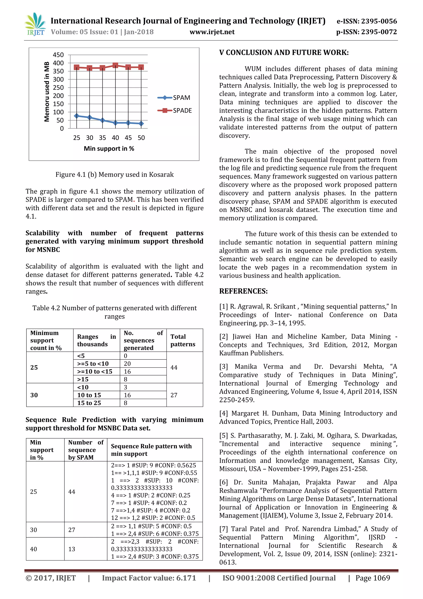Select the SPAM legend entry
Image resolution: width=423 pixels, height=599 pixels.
point(174,98)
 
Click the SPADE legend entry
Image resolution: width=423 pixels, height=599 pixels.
point(175,110)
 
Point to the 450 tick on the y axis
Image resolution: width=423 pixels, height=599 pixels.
point(58,55)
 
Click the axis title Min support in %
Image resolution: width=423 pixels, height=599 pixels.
point(109,149)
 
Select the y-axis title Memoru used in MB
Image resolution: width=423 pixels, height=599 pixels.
point(47,92)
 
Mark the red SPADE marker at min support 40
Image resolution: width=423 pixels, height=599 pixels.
point(115,65)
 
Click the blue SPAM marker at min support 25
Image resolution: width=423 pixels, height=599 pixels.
point(77,116)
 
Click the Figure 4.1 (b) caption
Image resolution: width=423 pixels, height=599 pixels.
point(114,174)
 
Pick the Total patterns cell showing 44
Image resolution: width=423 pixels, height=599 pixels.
point(174,367)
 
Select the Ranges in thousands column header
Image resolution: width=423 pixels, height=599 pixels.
point(96,340)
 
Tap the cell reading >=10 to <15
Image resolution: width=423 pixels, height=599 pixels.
point(95,371)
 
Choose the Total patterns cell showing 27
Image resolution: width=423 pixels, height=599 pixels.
point(174,395)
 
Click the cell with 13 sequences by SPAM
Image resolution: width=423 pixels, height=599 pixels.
point(72,549)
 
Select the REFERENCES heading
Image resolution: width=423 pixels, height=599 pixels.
point(243,291)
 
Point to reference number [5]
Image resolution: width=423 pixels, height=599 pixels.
point(223,435)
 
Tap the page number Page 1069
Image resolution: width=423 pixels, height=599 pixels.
point(373,578)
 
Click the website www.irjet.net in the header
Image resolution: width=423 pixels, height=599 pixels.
point(212,32)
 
